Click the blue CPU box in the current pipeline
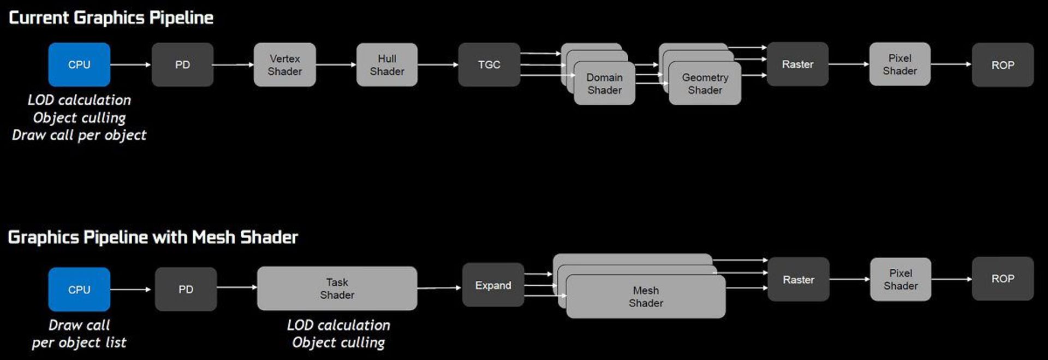pyautogui.click(x=79, y=64)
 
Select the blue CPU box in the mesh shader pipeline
pyautogui.click(x=79, y=290)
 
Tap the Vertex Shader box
pyautogui.click(x=284, y=64)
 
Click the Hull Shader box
pyautogui.click(x=387, y=64)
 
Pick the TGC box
pyautogui.click(x=489, y=64)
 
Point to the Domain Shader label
pyautogui.click(x=604, y=84)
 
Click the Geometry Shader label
pyautogui.click(x=705, y=84)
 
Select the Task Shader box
pyautogui.click(x=337, y=288)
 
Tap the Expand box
pyautogui.click(x=493, y=285)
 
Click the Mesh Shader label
pyautogui.click(x=646, y=297)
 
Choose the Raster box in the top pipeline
pyautogui.click(x=797, y=64)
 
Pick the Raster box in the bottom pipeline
pyautogui.click(x=798, y=280)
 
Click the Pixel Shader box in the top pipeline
pyautogui.click(x=900, y=64)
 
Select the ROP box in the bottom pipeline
pyautogui.click(x=1003, y=279)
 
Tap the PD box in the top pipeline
pyautogui.click(x=182, y=64)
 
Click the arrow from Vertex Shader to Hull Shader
pyautogui.click(x=336, y=64)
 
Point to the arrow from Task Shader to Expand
pyautogui.click(x=439, y=288)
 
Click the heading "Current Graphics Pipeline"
pyautogui.click(x=111, y=17)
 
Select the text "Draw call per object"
pyautogui.click(x=79, y=135)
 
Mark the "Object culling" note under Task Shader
pyautogui.click(x=338, y=343)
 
